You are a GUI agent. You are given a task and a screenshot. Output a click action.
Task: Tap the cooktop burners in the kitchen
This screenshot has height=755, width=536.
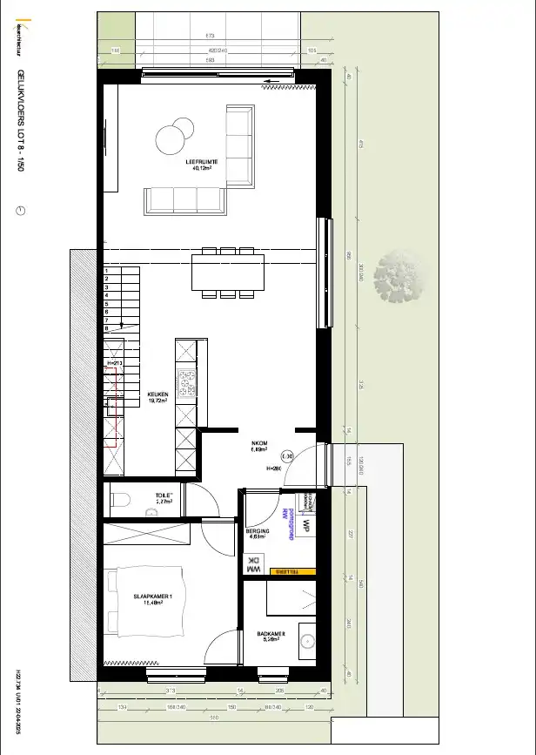[x=185, y=383]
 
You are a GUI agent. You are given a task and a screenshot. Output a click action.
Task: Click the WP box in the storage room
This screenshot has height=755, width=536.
[x=306, y=526]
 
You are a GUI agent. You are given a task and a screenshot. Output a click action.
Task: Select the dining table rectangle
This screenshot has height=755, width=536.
[x=228, y=272]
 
